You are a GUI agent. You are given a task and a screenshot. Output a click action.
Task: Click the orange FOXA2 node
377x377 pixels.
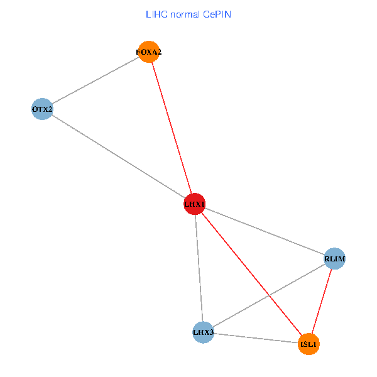pyautogui.click(x=149, y=52)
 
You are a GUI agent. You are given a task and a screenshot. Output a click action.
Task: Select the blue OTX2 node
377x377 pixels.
pyautogui.click(x=42, y=109)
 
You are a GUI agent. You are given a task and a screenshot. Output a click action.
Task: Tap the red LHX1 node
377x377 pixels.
pyautogui.click(x=195, y=204)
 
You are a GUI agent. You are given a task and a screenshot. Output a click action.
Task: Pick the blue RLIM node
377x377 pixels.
pyautogui.click(x=335, y=258)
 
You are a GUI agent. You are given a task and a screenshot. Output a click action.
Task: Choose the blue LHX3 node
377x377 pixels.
pyautogui.click(x=203, y=332)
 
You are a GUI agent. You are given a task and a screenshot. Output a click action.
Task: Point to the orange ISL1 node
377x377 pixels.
pyautogui.click(x=309, y=344)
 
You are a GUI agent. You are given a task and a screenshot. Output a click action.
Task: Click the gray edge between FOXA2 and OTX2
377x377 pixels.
pyautogui.click(x=96, y=80)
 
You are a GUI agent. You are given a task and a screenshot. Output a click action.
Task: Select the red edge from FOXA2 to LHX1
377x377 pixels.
pyautogui.click(x=172, y=128)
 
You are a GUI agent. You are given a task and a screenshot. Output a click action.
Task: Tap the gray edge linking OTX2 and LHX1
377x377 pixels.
pyautogui.click(x=118, y=156)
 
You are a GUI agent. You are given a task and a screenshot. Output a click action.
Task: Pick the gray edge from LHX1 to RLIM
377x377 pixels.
pyautogui.click(x=265, y=231)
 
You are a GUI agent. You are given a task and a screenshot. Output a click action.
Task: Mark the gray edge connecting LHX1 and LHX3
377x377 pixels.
pyautogui.click(x=199, y=268)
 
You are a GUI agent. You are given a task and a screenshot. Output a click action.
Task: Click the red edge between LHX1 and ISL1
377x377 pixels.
pyautogui.click(x=239, y=258)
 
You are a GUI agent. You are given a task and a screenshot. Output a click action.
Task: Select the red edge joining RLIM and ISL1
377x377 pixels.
pyautogui.click(x=322, y=301)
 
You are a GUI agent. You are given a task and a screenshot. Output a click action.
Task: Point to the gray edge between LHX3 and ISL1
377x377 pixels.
pyautogui.click(x=256, y=338)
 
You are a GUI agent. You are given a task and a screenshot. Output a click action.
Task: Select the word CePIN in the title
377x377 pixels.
pyautogui.click(x=217, y=14)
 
